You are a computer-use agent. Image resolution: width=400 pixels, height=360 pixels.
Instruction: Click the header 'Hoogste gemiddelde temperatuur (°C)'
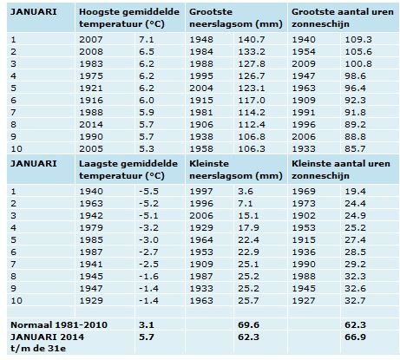[x=129, y=18]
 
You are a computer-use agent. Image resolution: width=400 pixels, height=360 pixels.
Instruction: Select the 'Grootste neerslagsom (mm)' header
[x=236, y=18]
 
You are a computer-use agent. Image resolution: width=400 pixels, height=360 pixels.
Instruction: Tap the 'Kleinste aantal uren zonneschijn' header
[x=341, y=170]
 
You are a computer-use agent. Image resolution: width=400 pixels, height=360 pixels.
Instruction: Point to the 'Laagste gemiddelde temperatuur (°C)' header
[x=128, y=170]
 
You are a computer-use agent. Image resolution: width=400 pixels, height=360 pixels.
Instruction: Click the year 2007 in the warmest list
[x=91, y=40]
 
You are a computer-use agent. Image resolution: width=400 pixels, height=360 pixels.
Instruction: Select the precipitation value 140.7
[x=252, y=40]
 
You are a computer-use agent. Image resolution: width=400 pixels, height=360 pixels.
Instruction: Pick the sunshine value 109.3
[x=358, y=40]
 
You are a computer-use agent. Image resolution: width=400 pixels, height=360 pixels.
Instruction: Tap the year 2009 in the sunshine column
[x=304, y=64]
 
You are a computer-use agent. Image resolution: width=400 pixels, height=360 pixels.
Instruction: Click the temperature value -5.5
[x=148, y=192]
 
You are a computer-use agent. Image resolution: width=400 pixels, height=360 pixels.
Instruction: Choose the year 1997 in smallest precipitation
[x=201, y=192]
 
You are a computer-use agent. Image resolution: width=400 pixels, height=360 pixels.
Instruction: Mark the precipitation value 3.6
[x=246, y=192]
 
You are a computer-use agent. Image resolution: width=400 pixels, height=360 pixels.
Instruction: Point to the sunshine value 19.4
[x=355, y=192]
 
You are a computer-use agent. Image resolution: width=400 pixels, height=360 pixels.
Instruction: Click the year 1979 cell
[x=91, y=228]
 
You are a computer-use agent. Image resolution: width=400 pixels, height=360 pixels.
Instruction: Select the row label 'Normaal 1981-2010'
[x=59, y=325]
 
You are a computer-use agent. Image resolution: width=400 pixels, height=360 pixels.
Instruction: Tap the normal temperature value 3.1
[x=147, y=325]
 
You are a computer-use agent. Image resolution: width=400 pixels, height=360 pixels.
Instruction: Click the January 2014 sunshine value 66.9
[x=355, y=337]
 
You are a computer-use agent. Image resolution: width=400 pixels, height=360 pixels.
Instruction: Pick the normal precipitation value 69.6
[x=248, y=325]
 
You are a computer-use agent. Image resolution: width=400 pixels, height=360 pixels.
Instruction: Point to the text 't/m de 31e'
[x=38, y=349]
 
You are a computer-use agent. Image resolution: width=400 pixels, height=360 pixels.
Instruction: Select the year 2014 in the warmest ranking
[x=91, y=125]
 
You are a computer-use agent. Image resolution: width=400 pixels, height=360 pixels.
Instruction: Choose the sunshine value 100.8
[x=358, y=64]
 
